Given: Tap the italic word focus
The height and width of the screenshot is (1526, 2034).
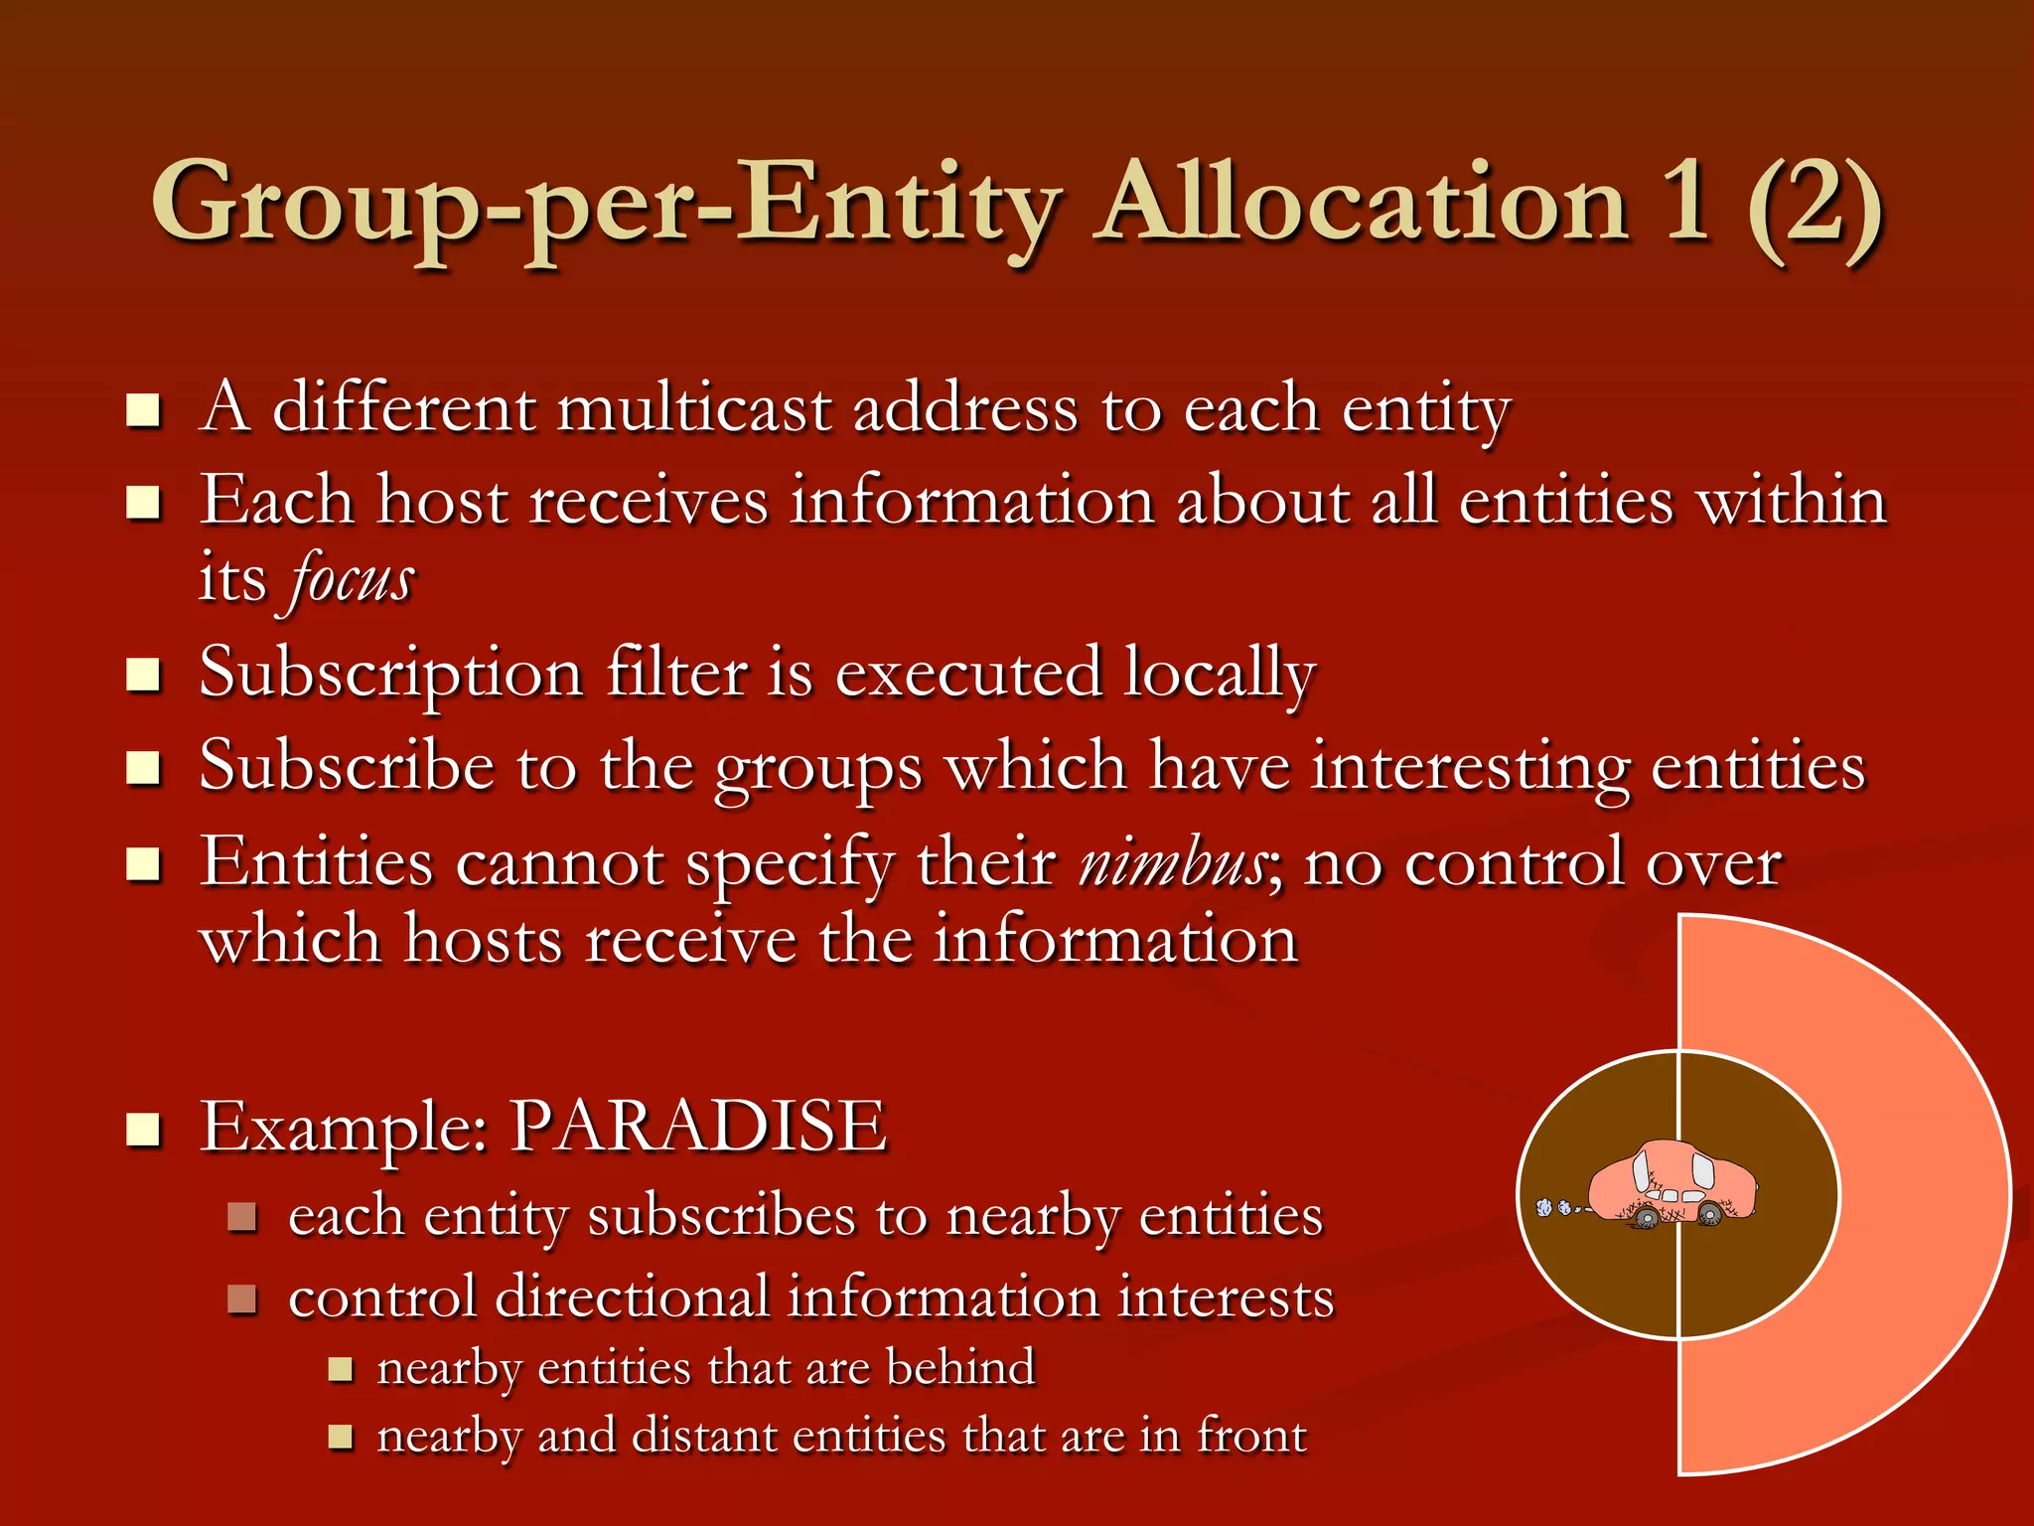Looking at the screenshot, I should [351, 579].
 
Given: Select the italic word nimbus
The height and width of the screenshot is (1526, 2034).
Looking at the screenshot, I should [1172, 862].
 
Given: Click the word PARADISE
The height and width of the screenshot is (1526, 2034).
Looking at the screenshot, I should [698, 1127].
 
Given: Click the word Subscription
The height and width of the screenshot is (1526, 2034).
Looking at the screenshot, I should [390, 674].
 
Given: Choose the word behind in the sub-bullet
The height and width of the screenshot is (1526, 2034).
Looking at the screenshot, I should [960, 1367].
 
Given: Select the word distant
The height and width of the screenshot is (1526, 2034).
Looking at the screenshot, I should [704, 1436].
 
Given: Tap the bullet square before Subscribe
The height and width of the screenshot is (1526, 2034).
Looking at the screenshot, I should [144, 768].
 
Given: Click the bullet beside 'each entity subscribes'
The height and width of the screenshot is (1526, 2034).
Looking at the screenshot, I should [242, 1217].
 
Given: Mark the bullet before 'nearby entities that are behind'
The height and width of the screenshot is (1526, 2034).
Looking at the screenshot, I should [341, 1370].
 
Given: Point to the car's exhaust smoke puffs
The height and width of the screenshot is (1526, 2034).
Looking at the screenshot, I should [1554, 1207].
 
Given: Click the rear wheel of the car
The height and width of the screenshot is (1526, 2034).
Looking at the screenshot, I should [1646, 1216].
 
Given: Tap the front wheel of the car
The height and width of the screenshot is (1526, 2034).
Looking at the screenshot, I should [1710, 1213].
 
